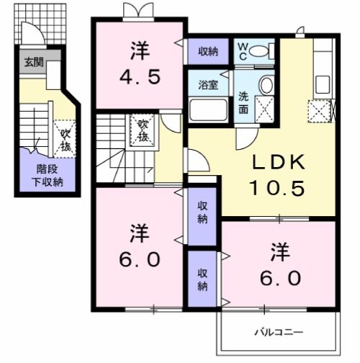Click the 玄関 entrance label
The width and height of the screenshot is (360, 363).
[34, 63]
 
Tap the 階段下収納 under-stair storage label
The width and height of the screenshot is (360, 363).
[48, 176]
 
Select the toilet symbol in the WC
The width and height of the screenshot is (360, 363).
[261, 51]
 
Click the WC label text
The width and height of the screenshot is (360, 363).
[243, 51]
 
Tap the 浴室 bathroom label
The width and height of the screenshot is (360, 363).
[208, 85]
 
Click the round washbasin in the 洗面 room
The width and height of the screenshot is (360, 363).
[266, 84]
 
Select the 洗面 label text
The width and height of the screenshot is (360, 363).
[243, 103]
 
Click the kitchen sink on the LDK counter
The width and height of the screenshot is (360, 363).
[323, 84]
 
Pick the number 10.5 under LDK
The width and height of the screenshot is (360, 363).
[277, 188]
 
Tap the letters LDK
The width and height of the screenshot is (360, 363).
[279, 162]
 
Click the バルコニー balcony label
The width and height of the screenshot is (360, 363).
[279, 333]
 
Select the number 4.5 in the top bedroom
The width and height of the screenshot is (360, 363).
[140, 77]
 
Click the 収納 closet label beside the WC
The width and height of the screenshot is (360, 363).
[208, 51]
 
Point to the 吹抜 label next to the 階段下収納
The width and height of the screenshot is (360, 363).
[65, 140]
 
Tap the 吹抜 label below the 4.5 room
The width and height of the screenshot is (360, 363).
[143, 131]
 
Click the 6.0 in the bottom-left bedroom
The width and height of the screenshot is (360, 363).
[140, 259]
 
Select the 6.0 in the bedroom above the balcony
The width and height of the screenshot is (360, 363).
[281, 278]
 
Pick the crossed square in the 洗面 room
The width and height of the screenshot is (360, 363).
[264, 109]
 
